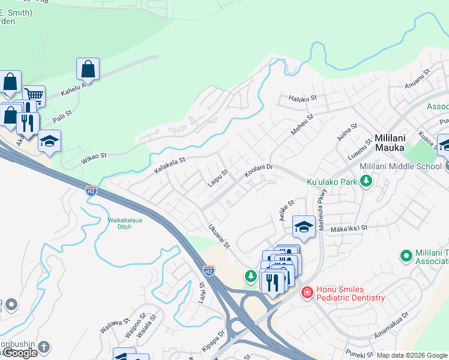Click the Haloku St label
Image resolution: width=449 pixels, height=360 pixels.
303,97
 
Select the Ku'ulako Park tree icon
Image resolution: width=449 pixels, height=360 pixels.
366,181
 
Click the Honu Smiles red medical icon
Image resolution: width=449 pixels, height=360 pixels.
307,292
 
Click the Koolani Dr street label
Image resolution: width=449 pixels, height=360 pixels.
259,171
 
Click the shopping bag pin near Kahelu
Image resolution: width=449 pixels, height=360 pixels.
88,69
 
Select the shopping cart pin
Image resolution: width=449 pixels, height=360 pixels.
34,95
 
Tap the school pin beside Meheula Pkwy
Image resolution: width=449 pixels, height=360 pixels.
304,227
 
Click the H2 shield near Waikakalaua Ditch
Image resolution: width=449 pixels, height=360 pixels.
91,191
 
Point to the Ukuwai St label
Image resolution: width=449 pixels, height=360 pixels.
219,236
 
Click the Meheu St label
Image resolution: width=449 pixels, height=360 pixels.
302,125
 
